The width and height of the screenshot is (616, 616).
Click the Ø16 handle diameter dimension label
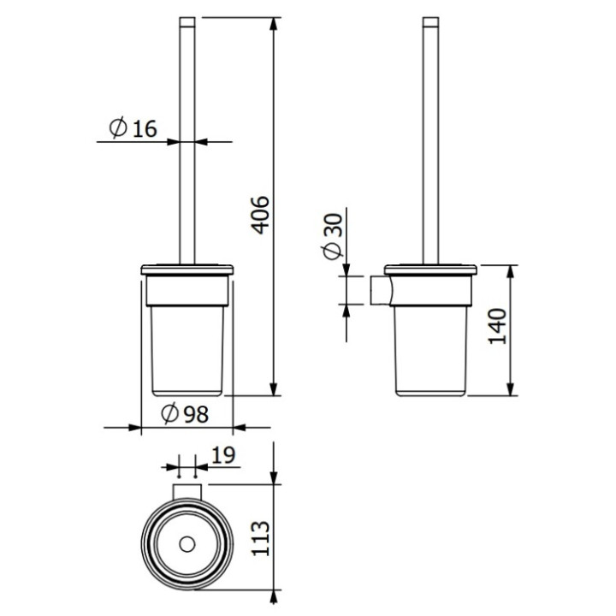coord(133,128)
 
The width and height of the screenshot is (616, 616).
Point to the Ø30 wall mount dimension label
coord(334,236)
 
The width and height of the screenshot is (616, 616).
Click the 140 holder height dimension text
coord(499,325)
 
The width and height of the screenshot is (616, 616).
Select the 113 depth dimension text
coord(261,538)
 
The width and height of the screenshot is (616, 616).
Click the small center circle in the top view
coord(186,544)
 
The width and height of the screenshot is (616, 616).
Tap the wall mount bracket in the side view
coord(379,290)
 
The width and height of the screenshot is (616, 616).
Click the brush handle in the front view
coord(187,137)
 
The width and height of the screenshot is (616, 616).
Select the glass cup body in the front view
coord(186,351)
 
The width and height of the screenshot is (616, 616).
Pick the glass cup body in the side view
coord(432,351)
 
